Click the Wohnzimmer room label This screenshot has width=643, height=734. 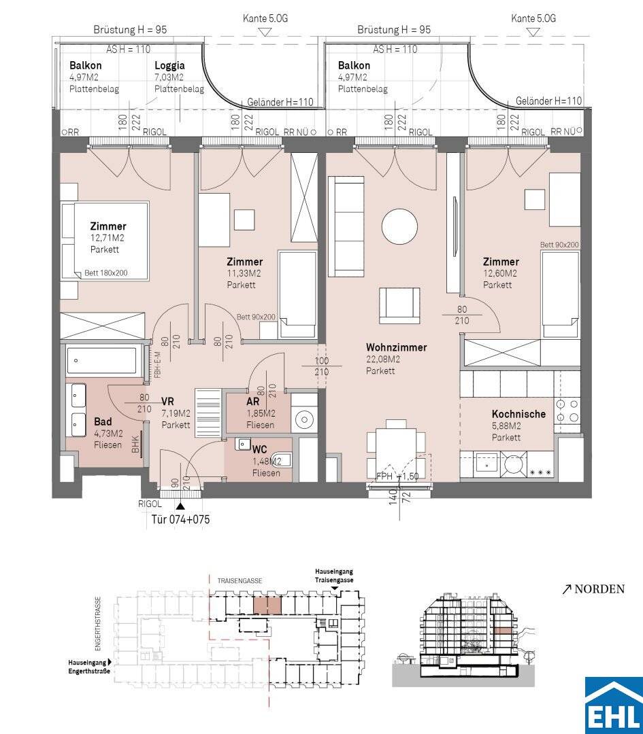(x=396, y=348)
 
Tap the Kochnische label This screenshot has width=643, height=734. (x=518, y=415)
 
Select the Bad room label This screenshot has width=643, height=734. (x=103, y=422)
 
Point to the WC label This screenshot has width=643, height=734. (x=259, y=450)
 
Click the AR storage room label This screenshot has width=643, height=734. (x=252, y=402)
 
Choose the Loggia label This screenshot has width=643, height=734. (x=169, y=66)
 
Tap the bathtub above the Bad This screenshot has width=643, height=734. (x=101, y=360)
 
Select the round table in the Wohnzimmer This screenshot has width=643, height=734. (x=399, y=226)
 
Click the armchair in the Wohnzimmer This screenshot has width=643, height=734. (x=399, y=306)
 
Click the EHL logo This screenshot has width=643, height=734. (x=614, y=705)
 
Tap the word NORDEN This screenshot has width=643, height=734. (x=599, y=589)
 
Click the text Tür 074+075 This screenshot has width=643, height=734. (x=181, y=519)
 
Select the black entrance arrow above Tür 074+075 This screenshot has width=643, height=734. (x=180, y=506)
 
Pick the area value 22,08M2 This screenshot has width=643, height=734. (x=383, y=360)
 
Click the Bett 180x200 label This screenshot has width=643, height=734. (x=106, y=273)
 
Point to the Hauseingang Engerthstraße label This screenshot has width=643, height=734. (x=89, y=667)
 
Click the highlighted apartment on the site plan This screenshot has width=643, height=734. (x=267, y=606)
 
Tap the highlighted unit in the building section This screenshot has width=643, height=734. (x=503, y=631)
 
